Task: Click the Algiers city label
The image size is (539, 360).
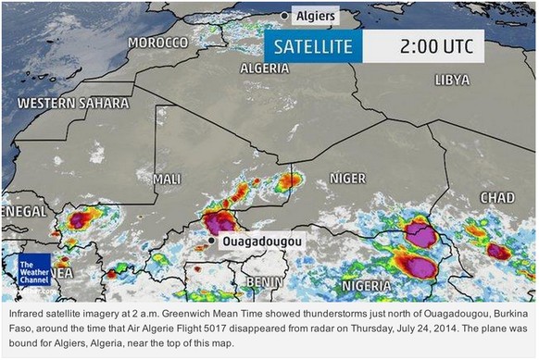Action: click(x=315, y=16)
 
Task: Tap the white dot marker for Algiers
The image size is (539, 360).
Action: click(x=284, y=16)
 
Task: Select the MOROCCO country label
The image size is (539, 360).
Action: click(x=157, y=43)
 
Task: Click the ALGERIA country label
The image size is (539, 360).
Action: click(x=264, y=68)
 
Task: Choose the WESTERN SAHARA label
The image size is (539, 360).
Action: click(x=73, y=103)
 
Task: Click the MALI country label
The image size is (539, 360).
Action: click(x=167, y=178)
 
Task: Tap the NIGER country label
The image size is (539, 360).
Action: click(x=349, y=178)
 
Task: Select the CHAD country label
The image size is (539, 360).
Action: click(x=497, y=198)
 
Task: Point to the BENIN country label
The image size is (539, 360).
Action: click(x=264, y=281)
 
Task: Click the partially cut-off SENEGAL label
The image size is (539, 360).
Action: click(x=23, y=212)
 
